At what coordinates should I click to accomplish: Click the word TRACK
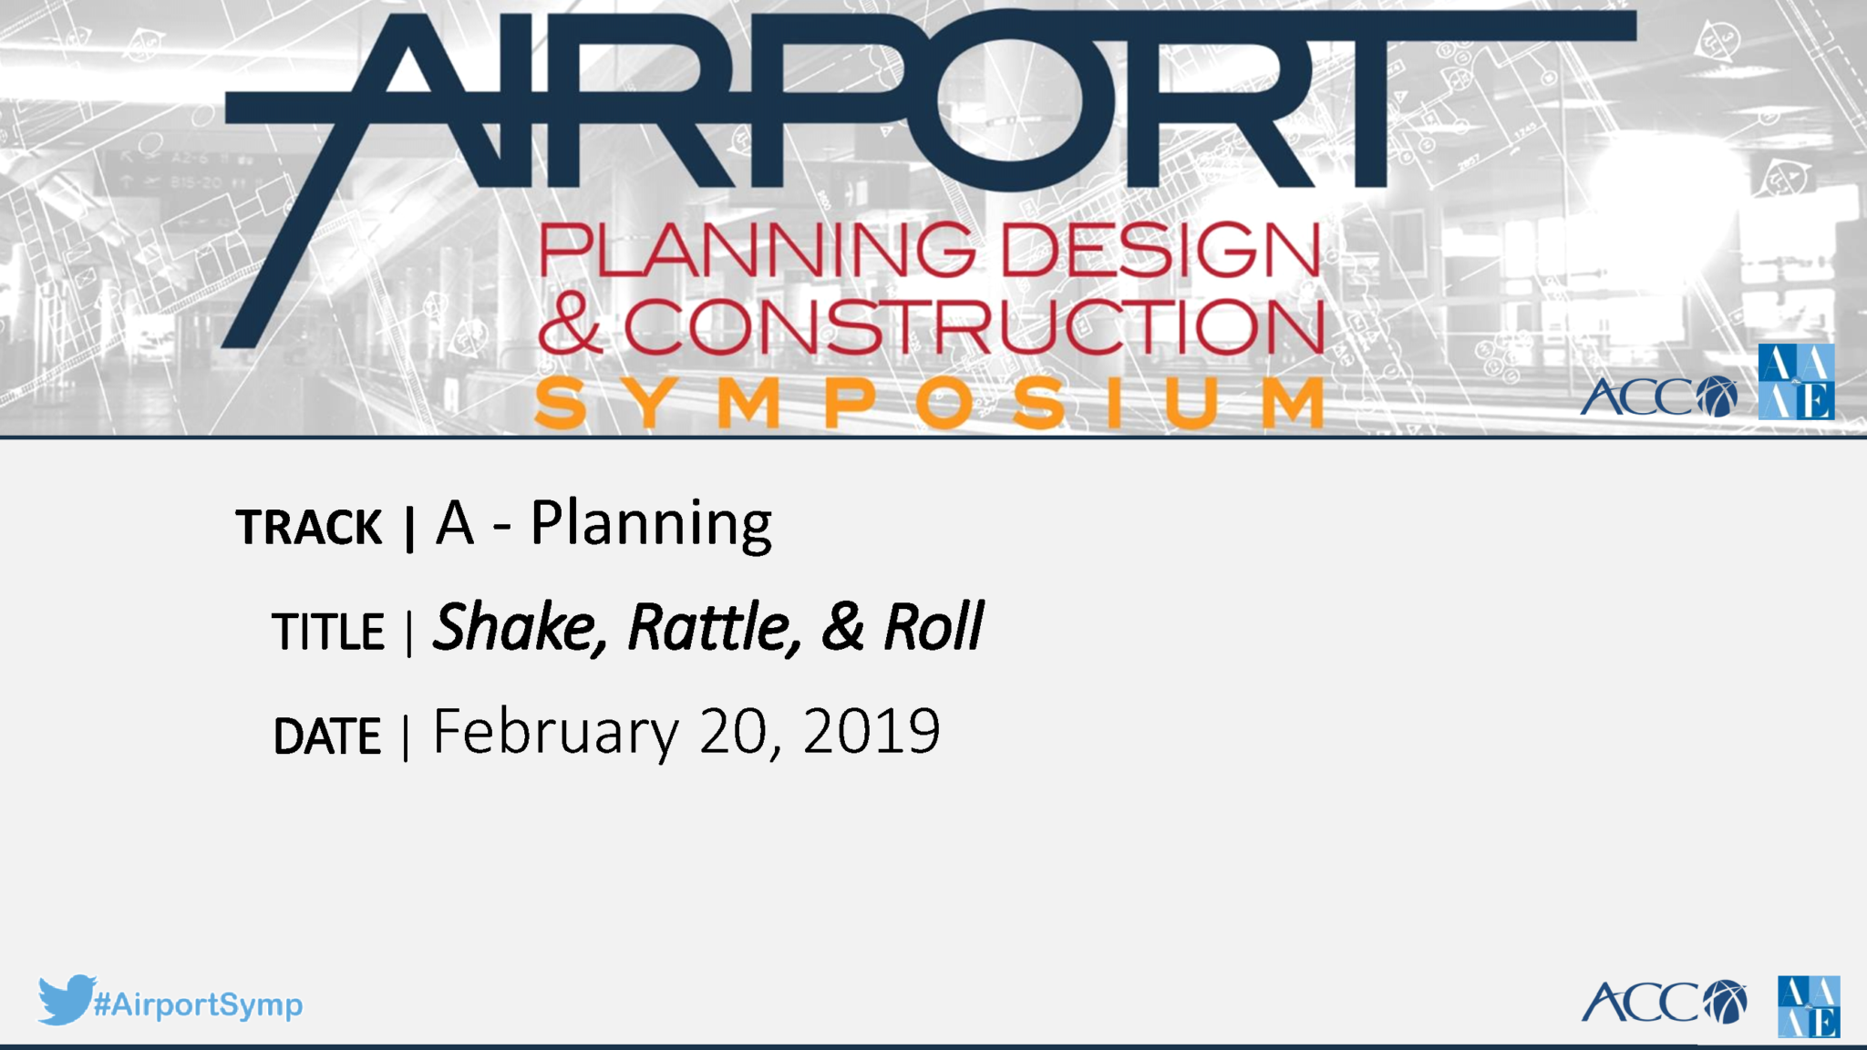[x=308, y=528]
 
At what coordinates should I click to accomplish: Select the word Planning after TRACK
[x=651, y=526]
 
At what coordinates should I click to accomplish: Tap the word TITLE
[x=328, y=632]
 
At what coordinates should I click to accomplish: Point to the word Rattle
[x=715, y=628]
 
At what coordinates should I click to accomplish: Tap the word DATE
[x=327, y=736]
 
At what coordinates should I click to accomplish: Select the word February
[x=556, y=733]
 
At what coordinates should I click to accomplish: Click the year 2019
[x=872, y=731]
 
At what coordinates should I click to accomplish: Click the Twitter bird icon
[x=66, y=1000]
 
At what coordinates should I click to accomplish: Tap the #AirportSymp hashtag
[x=198, y=1004]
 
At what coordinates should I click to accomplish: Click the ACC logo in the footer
[x=1664, y=1003]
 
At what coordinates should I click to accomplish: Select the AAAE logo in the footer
[x=1809, y=1006]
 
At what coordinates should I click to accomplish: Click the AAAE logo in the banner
[x=1796, y=382]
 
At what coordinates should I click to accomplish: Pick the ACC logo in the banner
[x=1658, y=396]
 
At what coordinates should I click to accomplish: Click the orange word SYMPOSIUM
[x=929, y=402]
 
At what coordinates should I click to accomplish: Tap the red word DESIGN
[x=1160, y=249]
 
